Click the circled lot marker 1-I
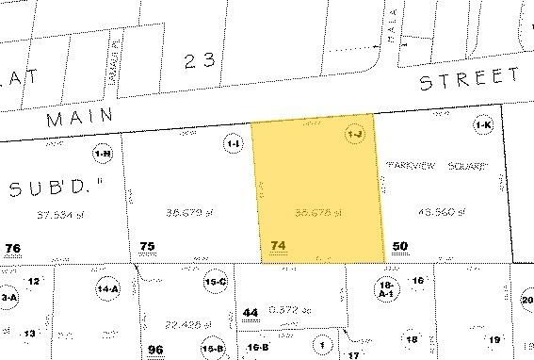[x=233, y=142]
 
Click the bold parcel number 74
[x=277, y=246]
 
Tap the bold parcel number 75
[x=146, y=246]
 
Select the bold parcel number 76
[x=12, y=248]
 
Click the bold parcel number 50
[x=400, y=246]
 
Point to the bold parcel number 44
[x=250, y=312]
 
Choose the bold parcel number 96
[x=155, y=350]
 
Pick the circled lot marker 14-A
[x=107, y=289]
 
